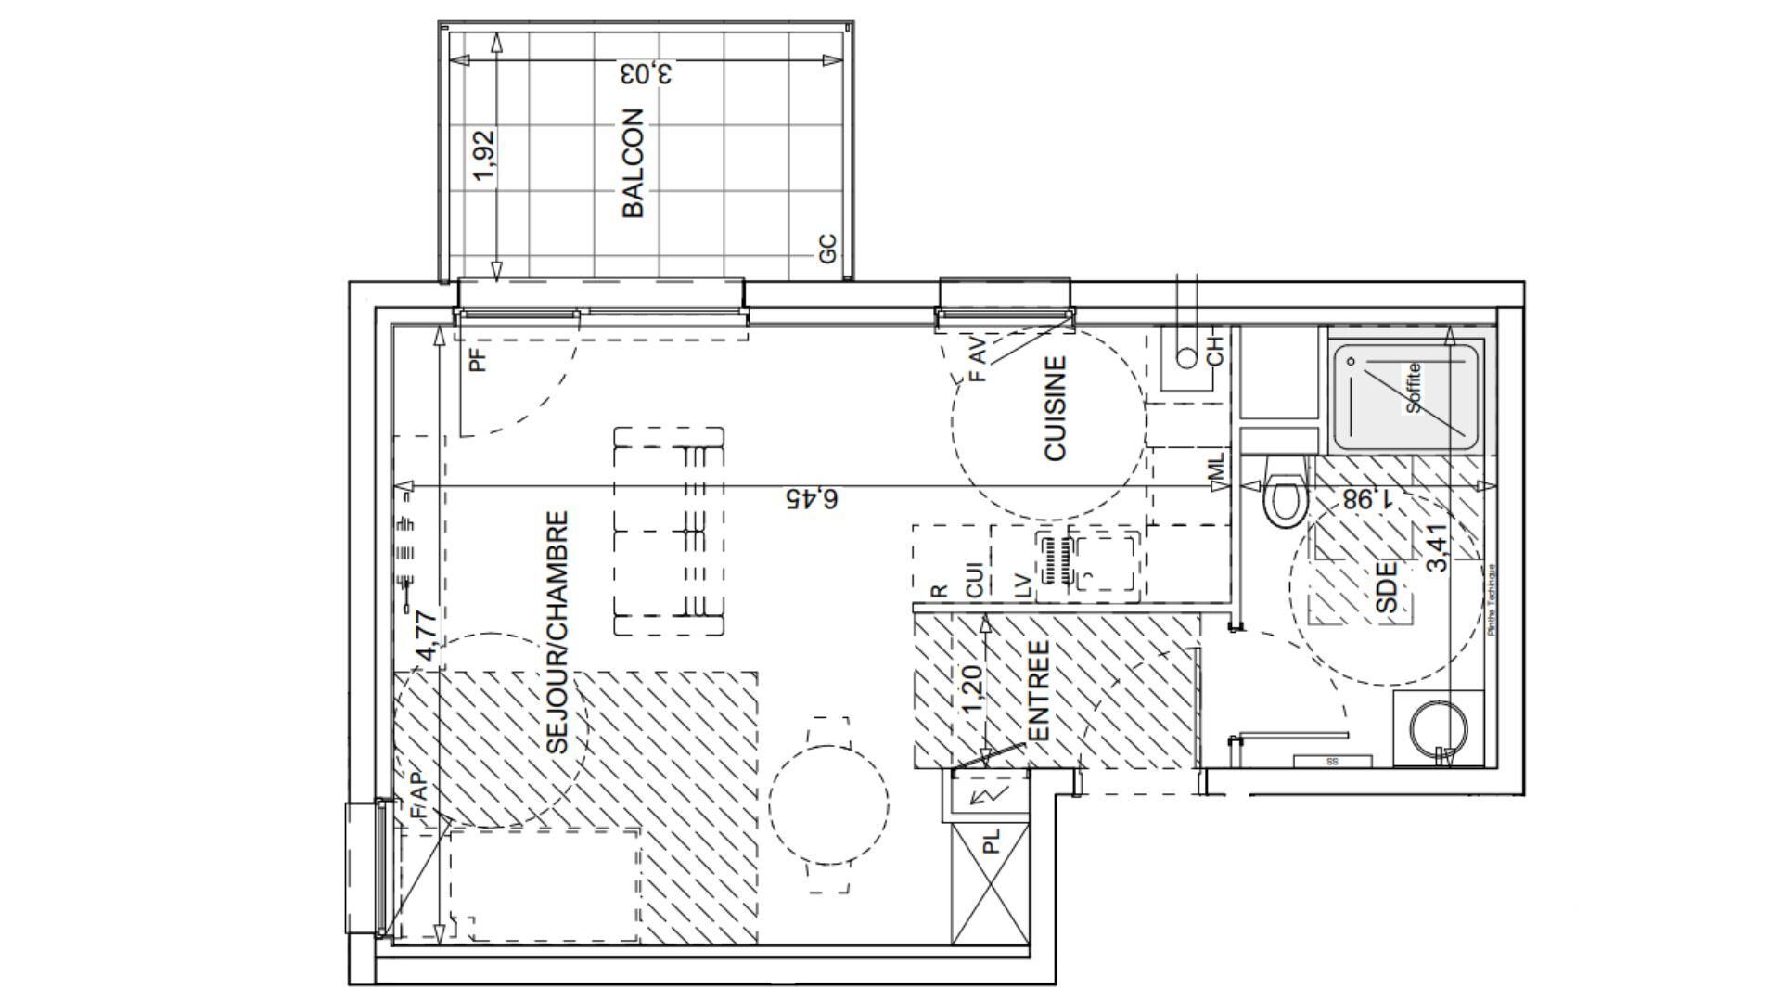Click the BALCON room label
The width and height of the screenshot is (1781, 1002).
(633, 164)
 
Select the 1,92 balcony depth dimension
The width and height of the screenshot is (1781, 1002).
(484, 155)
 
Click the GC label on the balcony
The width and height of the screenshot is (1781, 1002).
(828, 248)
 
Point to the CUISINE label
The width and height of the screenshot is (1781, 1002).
(1056, 409)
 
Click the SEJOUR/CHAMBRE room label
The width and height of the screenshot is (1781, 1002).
(557, 633)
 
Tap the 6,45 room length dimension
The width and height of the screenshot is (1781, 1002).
(812, 499)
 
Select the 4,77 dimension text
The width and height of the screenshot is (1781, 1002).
(426, 635)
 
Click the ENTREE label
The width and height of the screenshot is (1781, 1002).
(1038, 691)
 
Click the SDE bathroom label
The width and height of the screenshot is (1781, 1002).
(1387, 586)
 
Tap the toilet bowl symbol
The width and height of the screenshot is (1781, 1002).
(1285, 499)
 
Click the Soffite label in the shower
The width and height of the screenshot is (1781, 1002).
(1414, 388)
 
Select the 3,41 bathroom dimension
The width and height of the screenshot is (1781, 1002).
(1435, 549)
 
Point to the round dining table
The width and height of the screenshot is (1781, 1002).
(829, 800)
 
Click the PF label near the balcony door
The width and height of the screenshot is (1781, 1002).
(478, 358)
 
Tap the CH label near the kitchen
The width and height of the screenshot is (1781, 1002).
(1215, 348)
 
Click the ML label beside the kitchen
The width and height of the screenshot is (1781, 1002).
(1217, 468)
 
